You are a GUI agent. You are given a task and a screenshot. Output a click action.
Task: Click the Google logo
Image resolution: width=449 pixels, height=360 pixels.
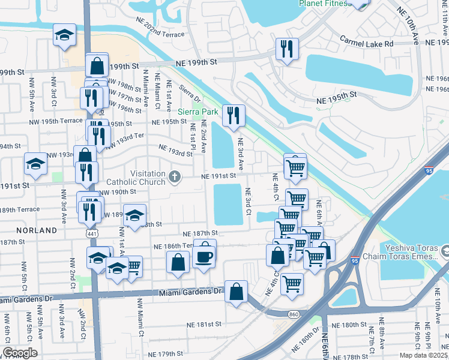coord(20,353)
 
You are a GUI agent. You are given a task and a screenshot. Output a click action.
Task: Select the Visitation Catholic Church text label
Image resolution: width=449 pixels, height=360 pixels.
coord(139,176)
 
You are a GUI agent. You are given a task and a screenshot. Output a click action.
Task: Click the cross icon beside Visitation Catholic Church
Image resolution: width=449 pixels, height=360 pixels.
coord(175,176)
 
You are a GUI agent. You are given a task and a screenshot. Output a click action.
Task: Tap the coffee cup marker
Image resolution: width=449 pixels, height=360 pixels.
coord(205,256)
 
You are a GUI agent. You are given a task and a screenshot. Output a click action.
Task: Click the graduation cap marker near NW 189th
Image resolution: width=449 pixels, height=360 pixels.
coord(136,215)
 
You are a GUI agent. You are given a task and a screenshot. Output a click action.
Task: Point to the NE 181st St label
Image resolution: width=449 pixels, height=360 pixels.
coord(202,325)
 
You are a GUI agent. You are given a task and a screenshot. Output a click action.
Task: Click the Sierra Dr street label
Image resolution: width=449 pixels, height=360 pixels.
coord(190,95)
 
